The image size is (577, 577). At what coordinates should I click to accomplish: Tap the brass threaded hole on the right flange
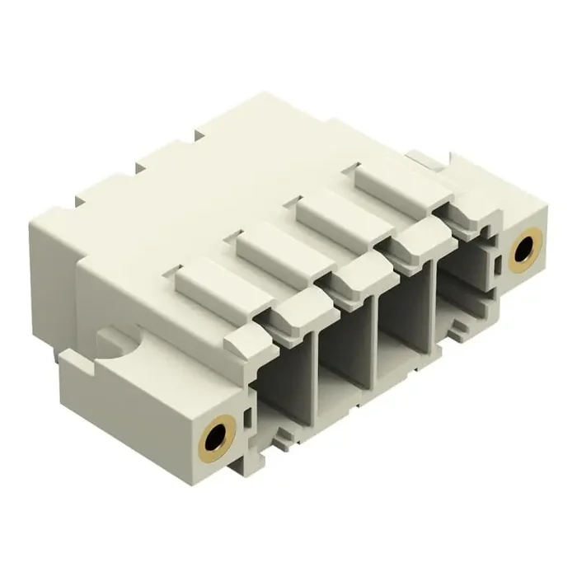click(x=522, y=252)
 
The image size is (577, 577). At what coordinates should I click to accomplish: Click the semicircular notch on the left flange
click(x=113, y=342)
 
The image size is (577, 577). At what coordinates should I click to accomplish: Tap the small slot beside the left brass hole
click(x=247, y=417)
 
